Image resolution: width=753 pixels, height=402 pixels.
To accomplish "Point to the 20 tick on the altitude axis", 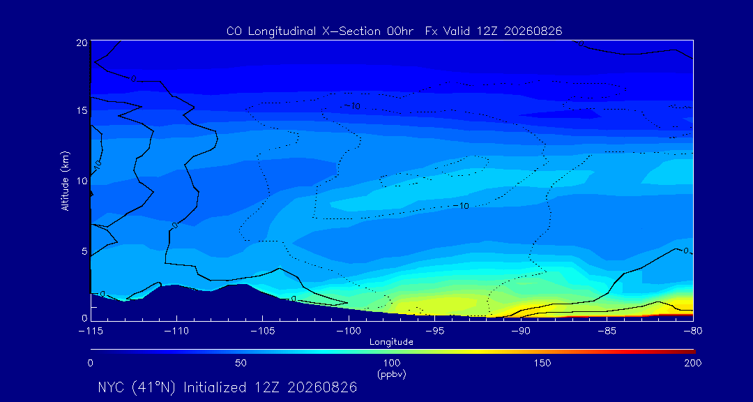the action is coord(81,43).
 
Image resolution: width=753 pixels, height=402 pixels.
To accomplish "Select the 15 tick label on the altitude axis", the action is coord(81,110).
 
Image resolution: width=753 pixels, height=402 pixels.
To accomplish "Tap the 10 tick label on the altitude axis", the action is coord(81,181).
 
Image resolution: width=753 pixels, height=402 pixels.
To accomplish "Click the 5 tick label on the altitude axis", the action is coord(84,251).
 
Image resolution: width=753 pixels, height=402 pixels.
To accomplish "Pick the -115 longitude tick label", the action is coord(90,332).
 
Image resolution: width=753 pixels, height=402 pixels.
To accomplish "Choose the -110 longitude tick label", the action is coord(176,332).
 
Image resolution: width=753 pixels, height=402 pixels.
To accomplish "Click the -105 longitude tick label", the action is coord(262,332).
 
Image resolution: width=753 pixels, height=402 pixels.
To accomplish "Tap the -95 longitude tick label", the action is coord(434,332).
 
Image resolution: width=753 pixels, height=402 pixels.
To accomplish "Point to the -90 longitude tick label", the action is coord(521,332).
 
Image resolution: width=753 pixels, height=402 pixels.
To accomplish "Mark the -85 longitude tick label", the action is coord(607,332).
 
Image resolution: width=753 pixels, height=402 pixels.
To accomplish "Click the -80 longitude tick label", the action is coord(692,332).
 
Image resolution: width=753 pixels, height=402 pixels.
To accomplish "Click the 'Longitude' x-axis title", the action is coord(391,342).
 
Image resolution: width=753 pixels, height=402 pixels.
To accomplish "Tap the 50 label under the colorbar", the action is coord(241,363).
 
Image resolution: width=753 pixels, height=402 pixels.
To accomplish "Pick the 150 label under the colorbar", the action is coord(542,363).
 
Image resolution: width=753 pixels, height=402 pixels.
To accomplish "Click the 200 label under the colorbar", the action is coord(693,363).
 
